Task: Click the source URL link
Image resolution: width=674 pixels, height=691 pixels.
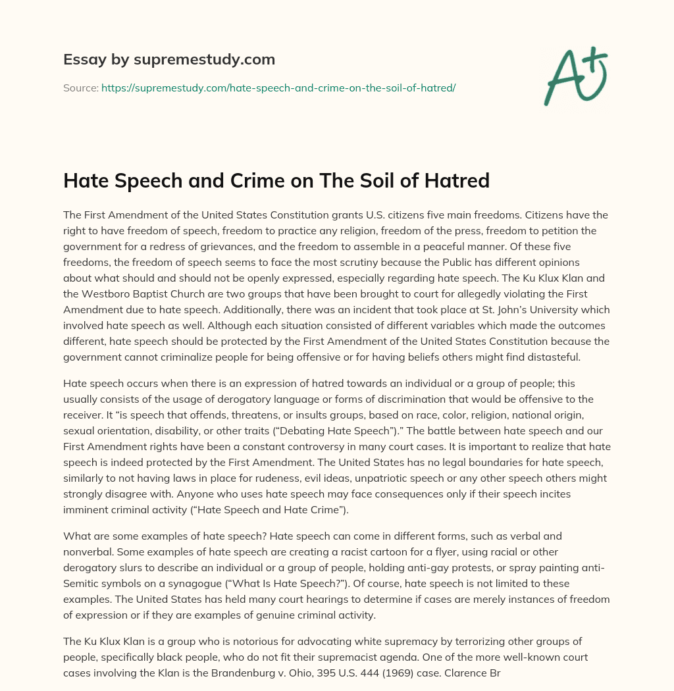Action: (x=278, y=87)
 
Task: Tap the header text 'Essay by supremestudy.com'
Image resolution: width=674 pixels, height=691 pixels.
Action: (x=169, y=59)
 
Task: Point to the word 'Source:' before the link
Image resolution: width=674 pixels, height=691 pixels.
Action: (x=81, y=87)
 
